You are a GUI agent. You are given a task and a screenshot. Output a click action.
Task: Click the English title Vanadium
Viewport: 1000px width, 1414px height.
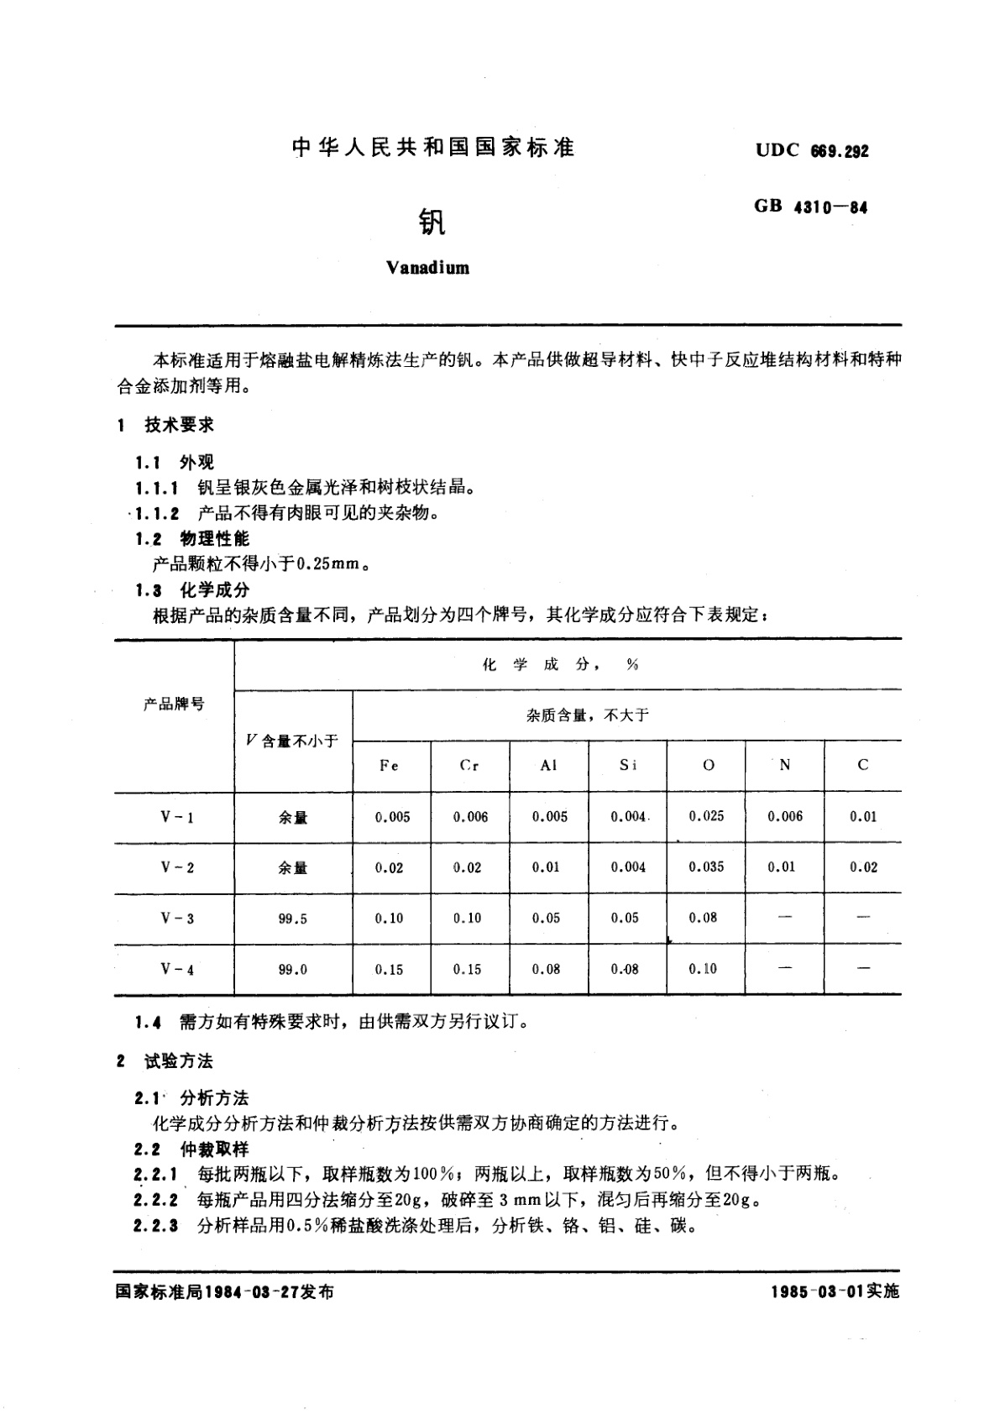click(x=428, y=268)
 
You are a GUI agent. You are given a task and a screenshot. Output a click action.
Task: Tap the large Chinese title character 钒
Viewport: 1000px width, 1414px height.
click(x=432, y=220)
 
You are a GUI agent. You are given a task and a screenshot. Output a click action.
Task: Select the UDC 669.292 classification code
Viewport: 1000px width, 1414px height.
click(x=811, y=150)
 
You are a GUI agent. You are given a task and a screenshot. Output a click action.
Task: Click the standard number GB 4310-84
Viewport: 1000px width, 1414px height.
click(x=809, y=206)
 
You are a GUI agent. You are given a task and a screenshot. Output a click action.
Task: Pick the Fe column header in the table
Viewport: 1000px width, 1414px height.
click(x=390, y=766)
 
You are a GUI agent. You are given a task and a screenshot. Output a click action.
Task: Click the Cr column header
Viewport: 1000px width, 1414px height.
click(x=469, y=766)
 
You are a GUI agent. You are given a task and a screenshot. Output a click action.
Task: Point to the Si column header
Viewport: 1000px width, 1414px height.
click(x=627, y=766)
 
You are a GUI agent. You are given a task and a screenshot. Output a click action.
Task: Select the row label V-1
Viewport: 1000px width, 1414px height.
click(x=177, y=817)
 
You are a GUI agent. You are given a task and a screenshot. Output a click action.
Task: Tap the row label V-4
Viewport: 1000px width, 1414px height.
click(x=177, y=969)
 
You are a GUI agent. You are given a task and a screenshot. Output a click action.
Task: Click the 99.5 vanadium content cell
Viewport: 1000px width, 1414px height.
click(x=292, y=919)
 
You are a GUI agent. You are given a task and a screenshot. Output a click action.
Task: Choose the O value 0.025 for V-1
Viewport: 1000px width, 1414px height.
click(x=706, y=816)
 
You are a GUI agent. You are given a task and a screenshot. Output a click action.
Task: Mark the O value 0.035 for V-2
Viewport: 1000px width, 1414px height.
click(x=706, y=867)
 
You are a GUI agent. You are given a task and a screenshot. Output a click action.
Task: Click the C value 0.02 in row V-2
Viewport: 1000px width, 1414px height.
click(x=863, y=867)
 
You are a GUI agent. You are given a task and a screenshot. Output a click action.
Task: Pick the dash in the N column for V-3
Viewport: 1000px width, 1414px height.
click(x=785, y=918)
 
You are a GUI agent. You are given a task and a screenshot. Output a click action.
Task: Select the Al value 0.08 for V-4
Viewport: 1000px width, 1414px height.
click(x=546, y=969)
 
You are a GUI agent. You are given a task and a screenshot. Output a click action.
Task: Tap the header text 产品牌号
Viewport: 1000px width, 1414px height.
click(x=174, y=704)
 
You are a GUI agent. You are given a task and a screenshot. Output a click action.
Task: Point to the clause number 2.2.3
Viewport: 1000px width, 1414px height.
click(x=156, y=1226)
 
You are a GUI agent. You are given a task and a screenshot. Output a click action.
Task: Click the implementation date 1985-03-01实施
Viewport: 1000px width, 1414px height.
click(x=834, y=1291)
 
